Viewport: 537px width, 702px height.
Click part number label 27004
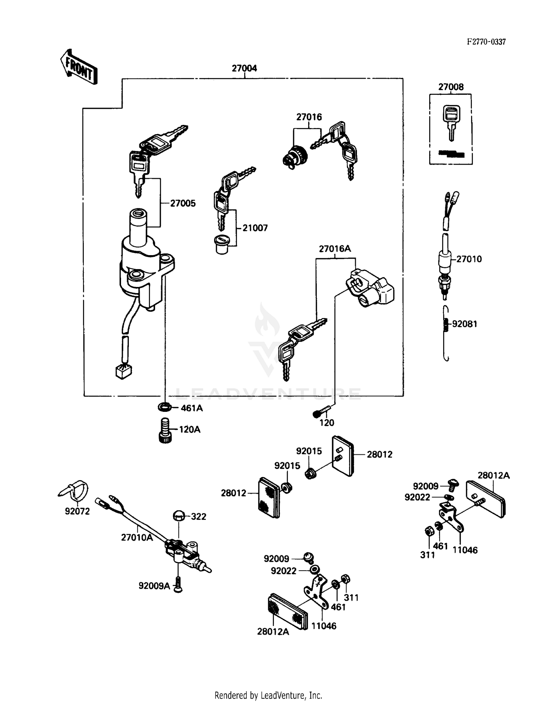pos(244,68)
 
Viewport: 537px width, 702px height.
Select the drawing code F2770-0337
pos(486,42)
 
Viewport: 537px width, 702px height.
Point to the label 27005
pos(183,203)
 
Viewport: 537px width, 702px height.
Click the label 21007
pos(255,228)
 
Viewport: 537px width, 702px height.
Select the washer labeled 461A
pos(164,407)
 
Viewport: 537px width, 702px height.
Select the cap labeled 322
pos(179,516)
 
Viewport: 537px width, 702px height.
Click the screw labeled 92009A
pos(178,586)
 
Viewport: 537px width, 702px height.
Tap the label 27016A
pos(335,249)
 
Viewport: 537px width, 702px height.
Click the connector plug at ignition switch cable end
pos(123,372)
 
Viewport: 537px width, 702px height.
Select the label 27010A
pos(137,537)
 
